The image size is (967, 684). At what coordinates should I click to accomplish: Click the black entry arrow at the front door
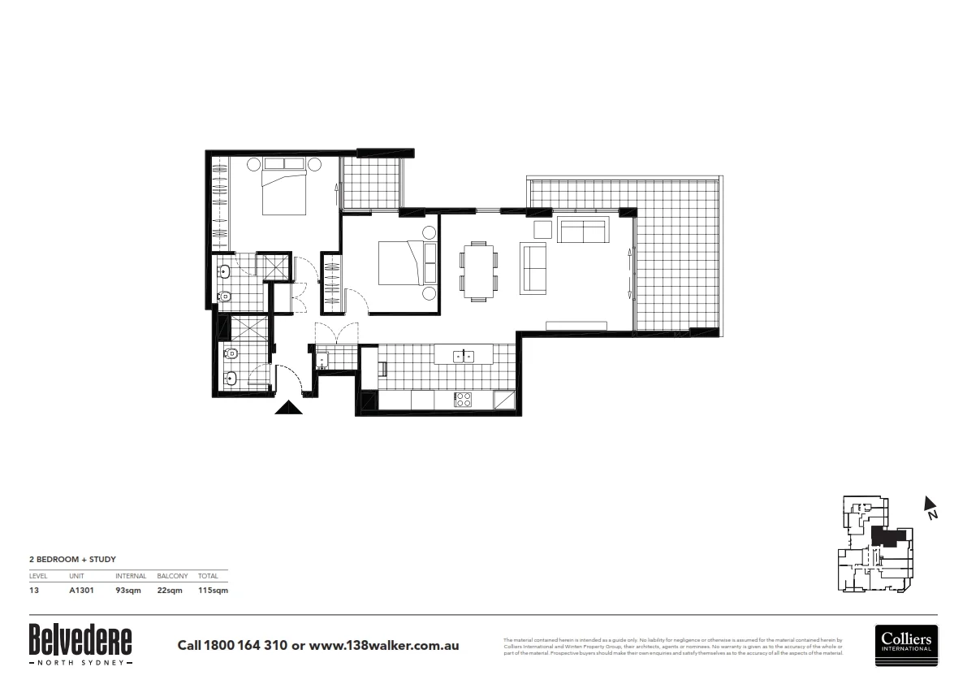[x=288, y=408]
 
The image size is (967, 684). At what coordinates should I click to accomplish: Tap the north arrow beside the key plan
[x=930, y=506]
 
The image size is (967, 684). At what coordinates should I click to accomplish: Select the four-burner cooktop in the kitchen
[x=463, y=400]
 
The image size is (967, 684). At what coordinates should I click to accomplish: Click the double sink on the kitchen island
[x=464, y=356]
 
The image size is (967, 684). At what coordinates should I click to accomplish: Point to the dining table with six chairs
[x=478, y=271]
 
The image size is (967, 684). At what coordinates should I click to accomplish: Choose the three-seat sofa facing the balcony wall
[x=582, y=231]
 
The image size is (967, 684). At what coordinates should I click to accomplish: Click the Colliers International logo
[x=906, y=645]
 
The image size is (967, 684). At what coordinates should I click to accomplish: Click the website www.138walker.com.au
[x=384, y=646]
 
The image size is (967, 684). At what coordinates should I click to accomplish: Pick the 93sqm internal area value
[x=127, y=591]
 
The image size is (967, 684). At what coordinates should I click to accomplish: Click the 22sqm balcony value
[x=168, y=591]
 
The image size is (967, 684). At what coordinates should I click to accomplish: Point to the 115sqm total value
[x=213, y=591]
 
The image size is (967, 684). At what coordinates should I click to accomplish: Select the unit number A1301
[x=82, y=591]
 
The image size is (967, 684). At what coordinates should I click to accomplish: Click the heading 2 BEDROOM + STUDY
[x=73, y=560]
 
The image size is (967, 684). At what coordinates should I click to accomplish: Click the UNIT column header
[x=77, y=576]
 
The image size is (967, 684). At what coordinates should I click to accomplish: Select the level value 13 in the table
[x=33, y=591]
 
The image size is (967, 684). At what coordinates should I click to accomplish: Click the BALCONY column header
[x=172, y=576]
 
